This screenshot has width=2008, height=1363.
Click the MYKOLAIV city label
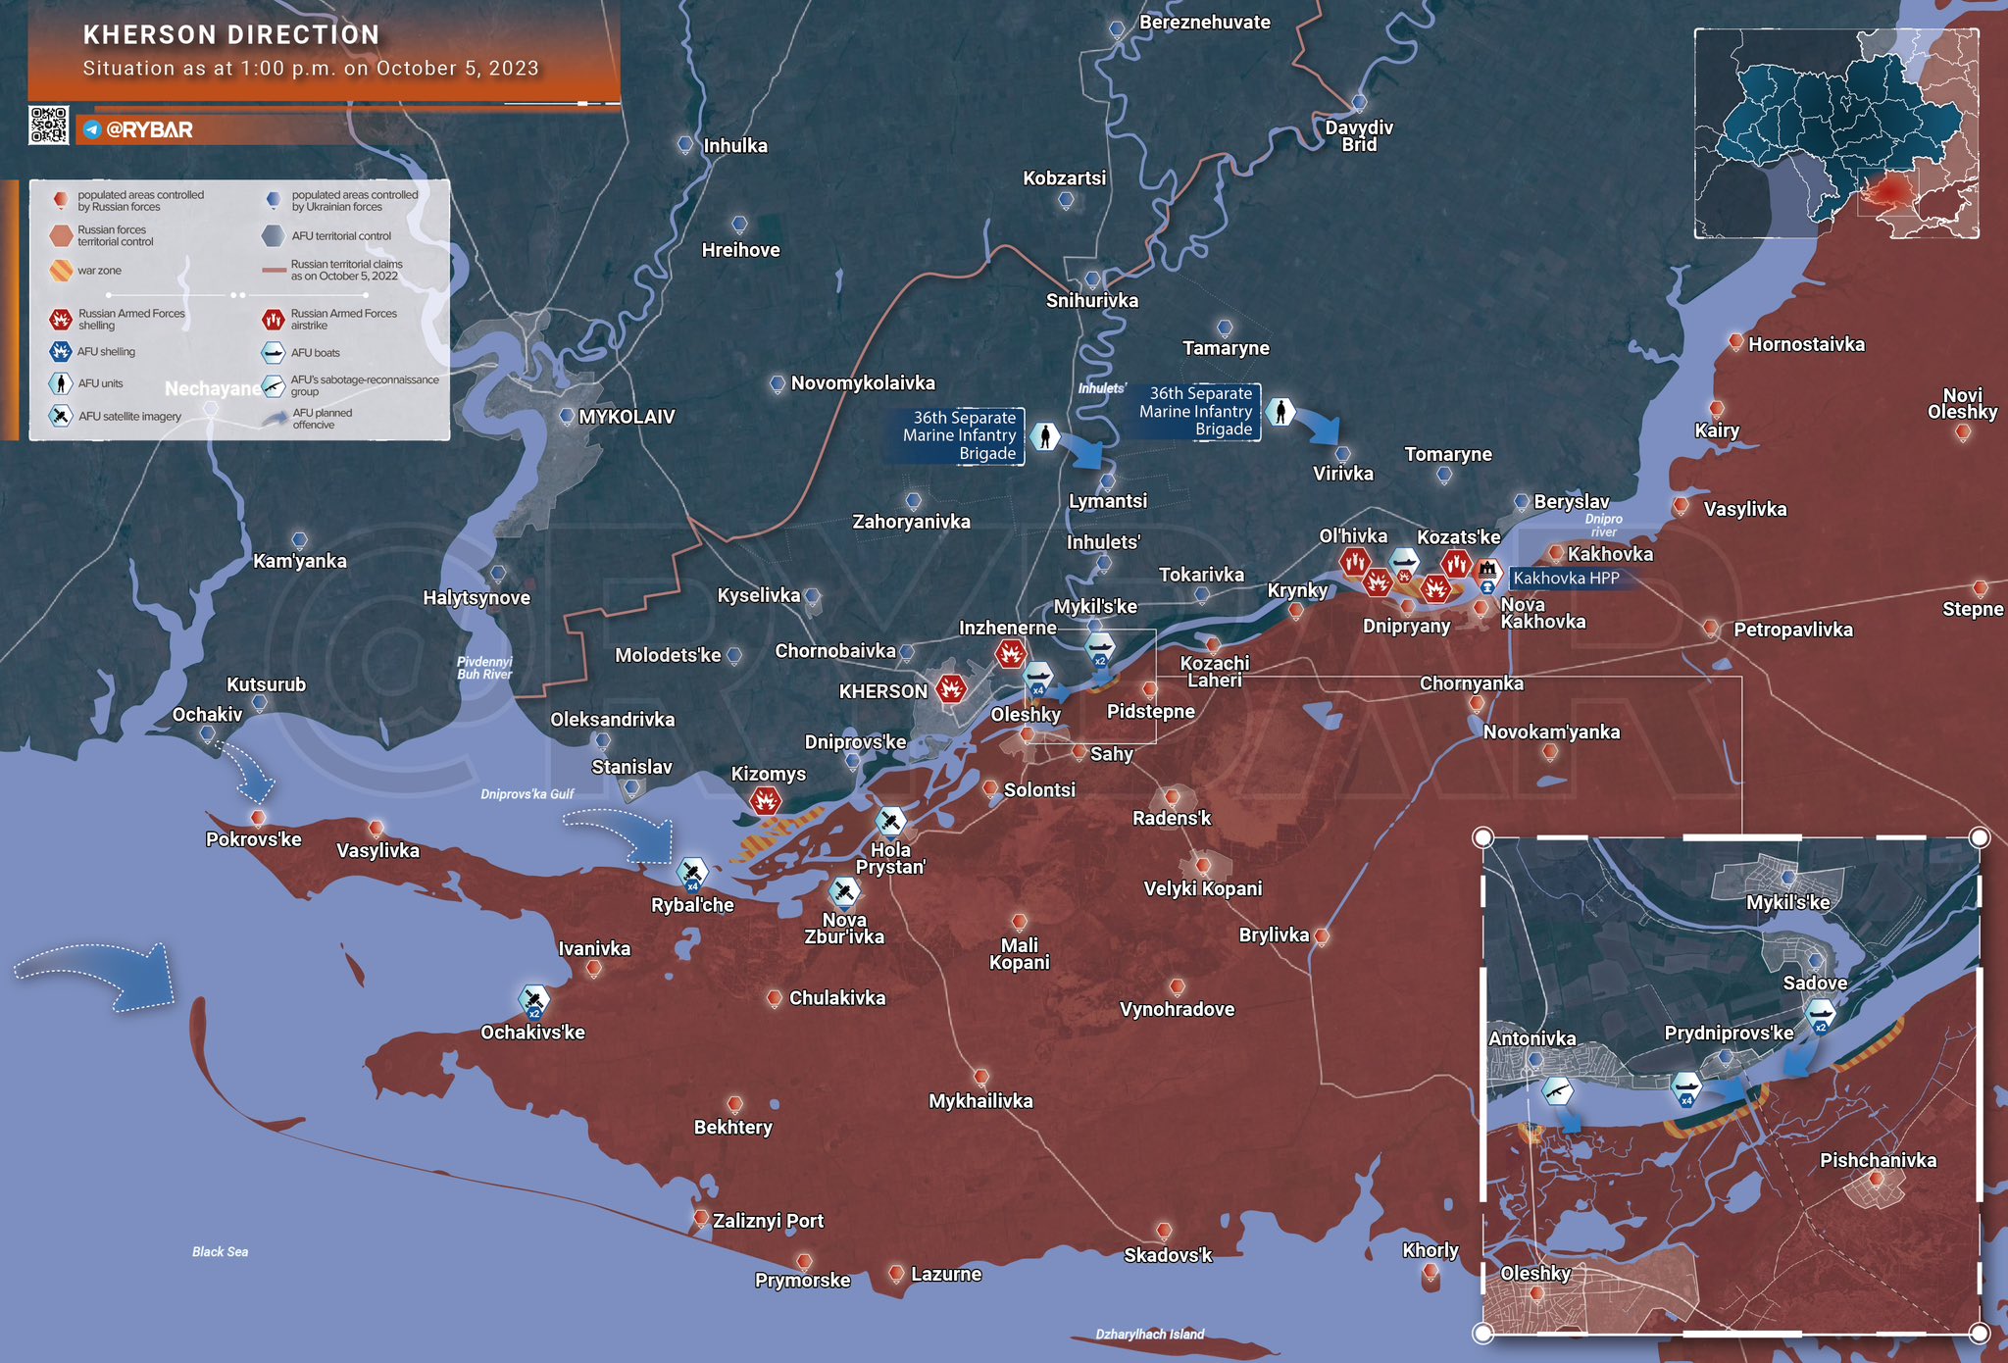[627, 417]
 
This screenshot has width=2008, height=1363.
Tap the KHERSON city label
[882, 691]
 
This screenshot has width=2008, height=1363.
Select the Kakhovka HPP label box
[1566, 579]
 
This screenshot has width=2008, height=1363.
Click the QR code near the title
[49, 126]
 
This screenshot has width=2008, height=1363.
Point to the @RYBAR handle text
[148, 129]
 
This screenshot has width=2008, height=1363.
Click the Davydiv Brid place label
[1359, 136]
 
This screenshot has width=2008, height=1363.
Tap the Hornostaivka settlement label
[1806, 344]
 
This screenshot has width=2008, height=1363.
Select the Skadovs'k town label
[1168, 1255]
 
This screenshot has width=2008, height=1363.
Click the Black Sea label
[220, 1251]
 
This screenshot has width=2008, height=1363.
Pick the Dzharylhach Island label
[1149, 1334]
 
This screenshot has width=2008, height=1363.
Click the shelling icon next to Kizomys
[765, 802]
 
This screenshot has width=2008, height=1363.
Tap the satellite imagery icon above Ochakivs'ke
[533, 1000]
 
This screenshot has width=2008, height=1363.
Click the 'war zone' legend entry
[99, 271]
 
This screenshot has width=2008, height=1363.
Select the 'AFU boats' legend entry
[315, 353]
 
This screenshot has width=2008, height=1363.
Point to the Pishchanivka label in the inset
[1878, 1161]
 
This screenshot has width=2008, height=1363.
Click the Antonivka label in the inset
[1531, 1038]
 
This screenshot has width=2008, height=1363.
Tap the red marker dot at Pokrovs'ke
[258, 818]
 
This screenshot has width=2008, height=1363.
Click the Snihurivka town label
[1091, 301]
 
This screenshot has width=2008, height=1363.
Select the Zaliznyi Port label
[768, 1221]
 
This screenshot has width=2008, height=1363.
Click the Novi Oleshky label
[1962, 403]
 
